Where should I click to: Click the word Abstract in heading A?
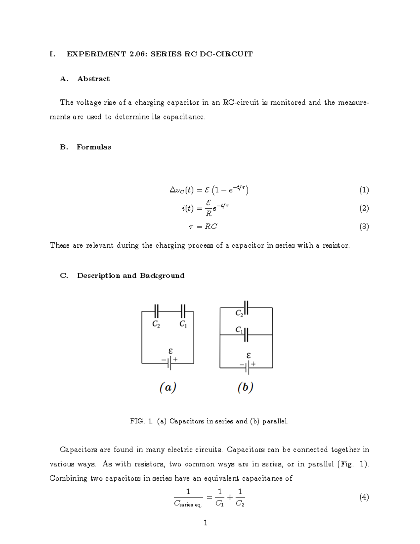click(x=93, y=79)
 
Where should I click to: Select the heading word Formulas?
click(x=94, y=147)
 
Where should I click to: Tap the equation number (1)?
click(x=364, y=190)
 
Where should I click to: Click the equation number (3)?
click(x=364, y=227)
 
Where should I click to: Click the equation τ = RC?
click(x=203, y=227)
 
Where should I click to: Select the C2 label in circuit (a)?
click(x=156, y=324)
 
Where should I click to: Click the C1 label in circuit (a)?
click(x=183, y=324)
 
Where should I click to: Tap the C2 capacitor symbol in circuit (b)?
click(x=246, y=307)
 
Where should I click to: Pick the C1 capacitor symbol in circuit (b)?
click(x=246, y=335)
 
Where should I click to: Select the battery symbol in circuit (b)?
click(x=247, y=368)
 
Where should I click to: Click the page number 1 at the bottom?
click(x=205, y=523)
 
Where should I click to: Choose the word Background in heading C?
click(x=162, y=276)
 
